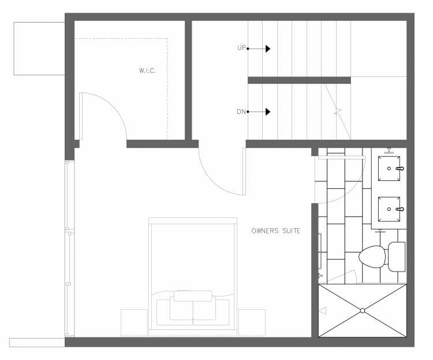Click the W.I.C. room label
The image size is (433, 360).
147,70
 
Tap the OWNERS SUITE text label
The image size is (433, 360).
276,231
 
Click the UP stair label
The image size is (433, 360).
241,48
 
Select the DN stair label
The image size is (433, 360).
241,112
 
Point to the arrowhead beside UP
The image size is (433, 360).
268,49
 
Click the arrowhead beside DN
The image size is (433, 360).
268,112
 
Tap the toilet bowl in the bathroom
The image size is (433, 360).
372,257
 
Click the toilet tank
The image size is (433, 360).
397,257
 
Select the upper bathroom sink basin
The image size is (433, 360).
389,168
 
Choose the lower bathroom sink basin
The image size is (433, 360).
389,209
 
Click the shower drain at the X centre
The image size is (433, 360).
363,311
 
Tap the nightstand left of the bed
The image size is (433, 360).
134,322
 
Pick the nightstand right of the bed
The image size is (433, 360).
252,322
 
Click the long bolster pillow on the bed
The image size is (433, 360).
193,296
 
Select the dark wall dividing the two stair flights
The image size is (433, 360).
299,80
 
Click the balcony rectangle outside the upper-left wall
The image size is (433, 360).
39,49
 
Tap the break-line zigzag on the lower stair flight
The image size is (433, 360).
338,112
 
